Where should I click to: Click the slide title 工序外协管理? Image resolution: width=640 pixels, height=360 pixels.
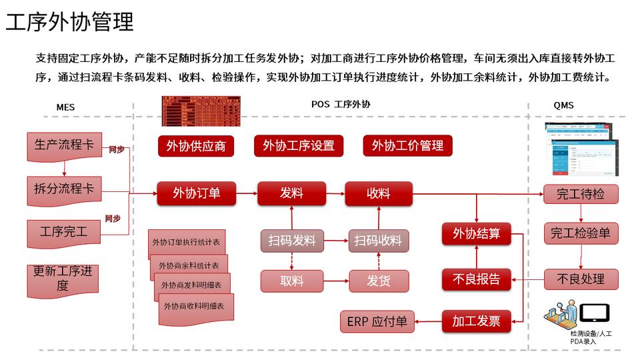(x=70, y=21)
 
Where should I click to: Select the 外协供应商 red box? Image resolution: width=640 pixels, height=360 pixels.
(x=196, y=146)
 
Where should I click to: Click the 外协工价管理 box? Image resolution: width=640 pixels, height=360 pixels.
(x=407, y=145)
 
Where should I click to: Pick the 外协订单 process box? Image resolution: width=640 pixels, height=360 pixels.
(x=196, y=193)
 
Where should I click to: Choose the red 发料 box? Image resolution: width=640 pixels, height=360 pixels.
(x=291, y=193)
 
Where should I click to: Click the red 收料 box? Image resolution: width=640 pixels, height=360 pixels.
(x=379, y=193)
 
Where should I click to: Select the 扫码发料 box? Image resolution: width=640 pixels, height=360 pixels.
(x=292, y=241)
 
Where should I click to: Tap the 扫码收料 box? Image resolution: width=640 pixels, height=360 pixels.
(x=379, y=241)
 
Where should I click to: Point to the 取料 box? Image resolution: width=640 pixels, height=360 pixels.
(x=292, y=281)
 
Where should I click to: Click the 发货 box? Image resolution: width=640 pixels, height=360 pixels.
(x=379, y=281)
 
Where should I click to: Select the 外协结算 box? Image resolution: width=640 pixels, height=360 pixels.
(x=476, y=234)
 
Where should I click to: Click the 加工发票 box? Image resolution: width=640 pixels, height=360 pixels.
(x=476, y=321)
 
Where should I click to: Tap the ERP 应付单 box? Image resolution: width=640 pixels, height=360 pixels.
(x=377, y=321)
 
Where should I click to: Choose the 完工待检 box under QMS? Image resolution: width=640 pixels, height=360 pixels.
(x=581, y=194)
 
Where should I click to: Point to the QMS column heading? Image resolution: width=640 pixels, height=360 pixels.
(x=563, y=105)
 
